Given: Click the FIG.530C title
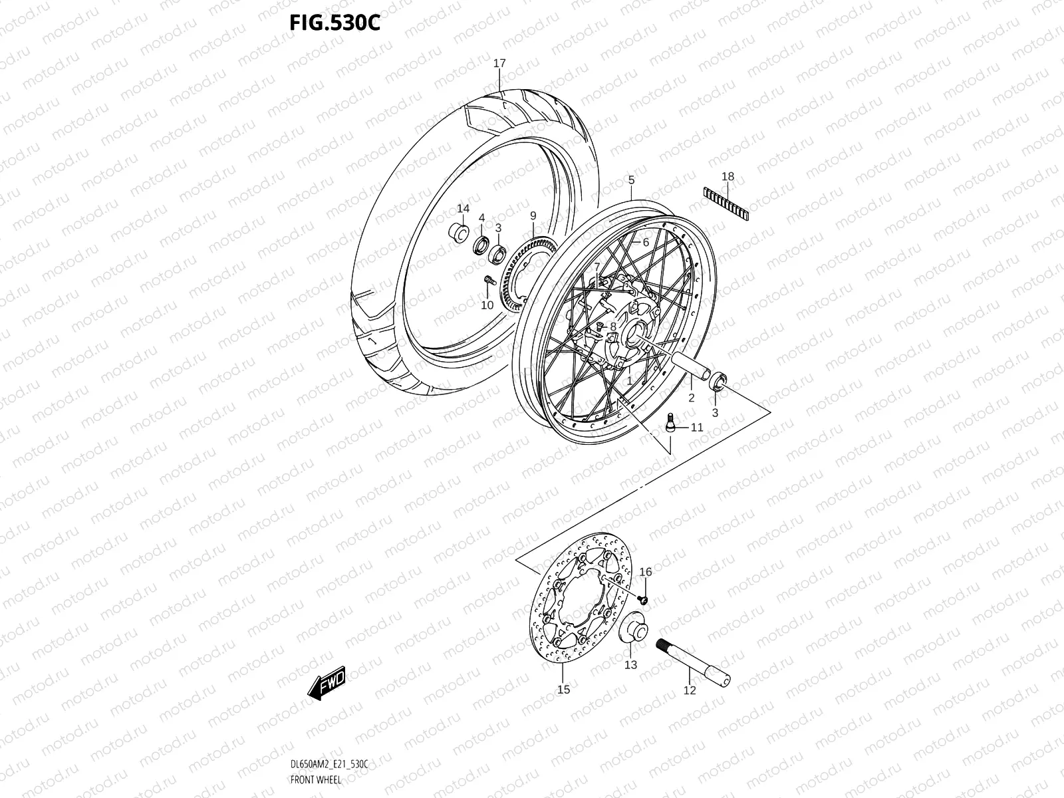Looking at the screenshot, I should click(x=334, y=22).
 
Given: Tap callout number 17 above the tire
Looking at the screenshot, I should click(x=499, y=64).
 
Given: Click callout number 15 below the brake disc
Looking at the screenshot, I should click(x=563, y=690).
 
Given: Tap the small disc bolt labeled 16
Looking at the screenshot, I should click(x=643, y=600).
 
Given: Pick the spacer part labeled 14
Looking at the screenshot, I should click(x=459, y=233).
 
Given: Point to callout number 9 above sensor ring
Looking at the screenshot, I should click(x=533, y=215).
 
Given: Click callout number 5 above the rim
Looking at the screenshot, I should click(x=631, y=180).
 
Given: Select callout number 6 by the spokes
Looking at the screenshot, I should click(x=645, y=243).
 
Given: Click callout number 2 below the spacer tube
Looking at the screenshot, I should click(x=692, y=398).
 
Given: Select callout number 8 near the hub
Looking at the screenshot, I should click(x=613, y=326).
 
